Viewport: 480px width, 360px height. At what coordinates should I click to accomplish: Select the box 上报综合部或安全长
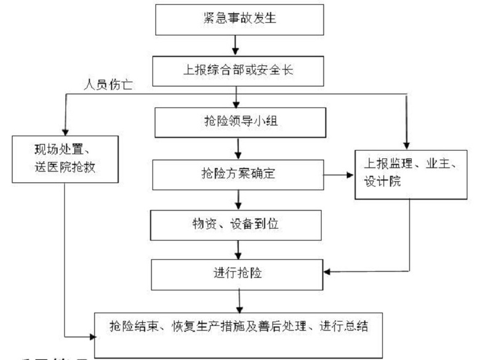238,70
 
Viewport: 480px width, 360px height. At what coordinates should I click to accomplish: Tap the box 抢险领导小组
238,122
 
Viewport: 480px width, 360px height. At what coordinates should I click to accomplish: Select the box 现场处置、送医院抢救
64,158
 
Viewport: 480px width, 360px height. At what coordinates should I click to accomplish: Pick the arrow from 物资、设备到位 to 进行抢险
238,249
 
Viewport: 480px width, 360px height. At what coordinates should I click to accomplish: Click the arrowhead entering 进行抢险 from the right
327,271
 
